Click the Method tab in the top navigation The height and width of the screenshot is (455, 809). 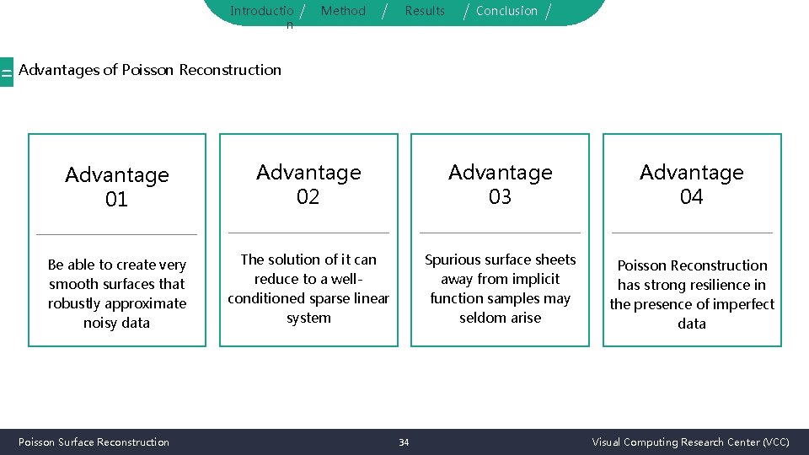pyautogui.click(x=343, y=11)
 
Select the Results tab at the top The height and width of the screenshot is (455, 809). pyautogui.click(x=425, y=11)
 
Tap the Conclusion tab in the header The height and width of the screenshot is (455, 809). pyautogui.click(x=506, y=11)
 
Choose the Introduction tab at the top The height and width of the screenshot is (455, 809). pyautogui.click(x=262, y=12)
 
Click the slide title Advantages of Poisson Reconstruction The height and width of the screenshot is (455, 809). pyautogui.click(x=150, y=70)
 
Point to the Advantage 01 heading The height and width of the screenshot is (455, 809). pyautogui.click(x=117, y=187)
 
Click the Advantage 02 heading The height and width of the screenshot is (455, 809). pyautogui.click(x=308, y=185)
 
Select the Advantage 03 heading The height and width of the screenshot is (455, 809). pyautogui.click(x=501, y=185)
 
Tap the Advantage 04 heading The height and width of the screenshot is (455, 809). pyautogui.click(x=692, y=185)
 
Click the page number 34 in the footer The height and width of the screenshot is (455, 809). pyautogui.click(x=404, y=442)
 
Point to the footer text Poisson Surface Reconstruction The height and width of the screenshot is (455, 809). pyautogui.click(x=94, y=442)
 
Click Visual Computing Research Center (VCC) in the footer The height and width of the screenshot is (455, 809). pyautogui.click(x=690, y=442)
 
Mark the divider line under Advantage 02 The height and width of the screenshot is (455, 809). pyautogui.click(x=308, y=233)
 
